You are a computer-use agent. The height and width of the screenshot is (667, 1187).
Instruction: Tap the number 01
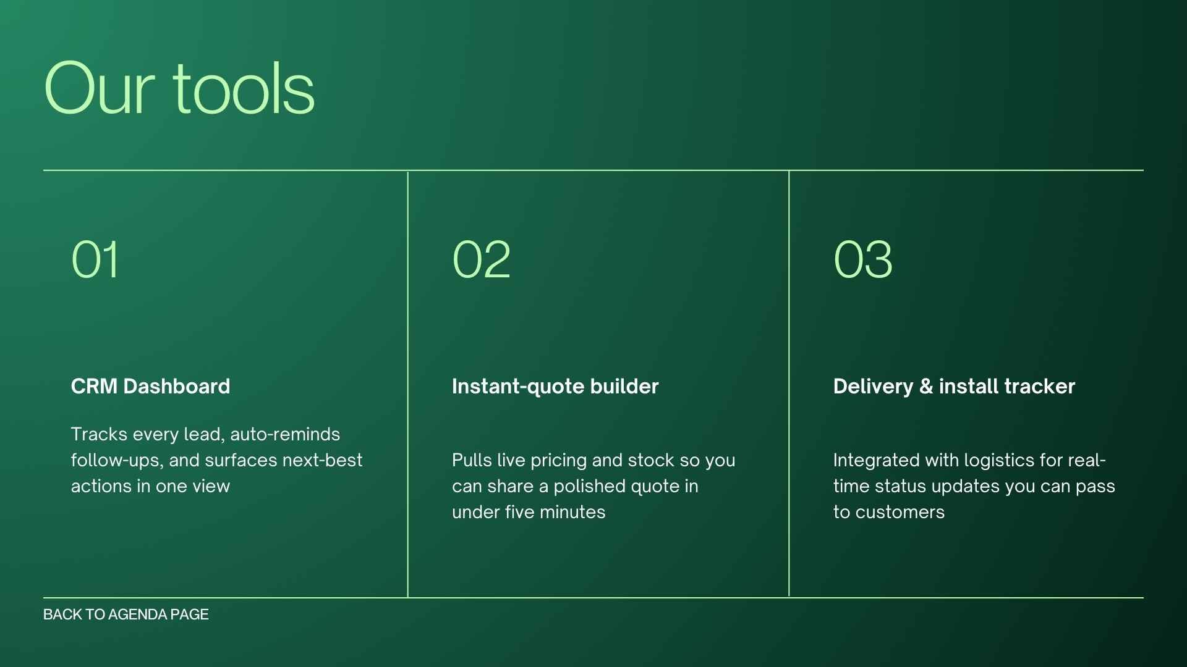pos(95,259)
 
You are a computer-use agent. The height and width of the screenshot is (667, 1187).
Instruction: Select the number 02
pos(481,259)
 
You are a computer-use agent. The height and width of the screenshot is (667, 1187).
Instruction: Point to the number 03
pos(862,259)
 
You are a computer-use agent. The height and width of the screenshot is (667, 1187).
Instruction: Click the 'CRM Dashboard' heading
pos(150,387)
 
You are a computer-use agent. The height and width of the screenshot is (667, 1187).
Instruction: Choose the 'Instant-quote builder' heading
pos(555,387)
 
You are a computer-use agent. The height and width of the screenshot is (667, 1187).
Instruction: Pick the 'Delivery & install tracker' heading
pos(954,387)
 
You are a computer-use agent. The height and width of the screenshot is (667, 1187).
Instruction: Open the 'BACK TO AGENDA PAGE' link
pos(126,615)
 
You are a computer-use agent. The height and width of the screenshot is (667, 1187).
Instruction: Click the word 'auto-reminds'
pos(285,434)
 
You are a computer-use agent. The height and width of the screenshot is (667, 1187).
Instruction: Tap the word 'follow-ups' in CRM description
pos(115,461)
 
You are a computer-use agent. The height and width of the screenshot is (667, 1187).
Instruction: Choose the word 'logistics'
pos(997,461)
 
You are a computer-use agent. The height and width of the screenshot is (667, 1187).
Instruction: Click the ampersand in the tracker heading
pos(925,387)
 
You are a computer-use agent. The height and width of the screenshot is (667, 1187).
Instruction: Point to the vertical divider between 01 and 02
pos(408,383)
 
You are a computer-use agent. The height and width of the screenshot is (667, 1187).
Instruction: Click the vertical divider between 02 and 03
pos(789,383)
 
